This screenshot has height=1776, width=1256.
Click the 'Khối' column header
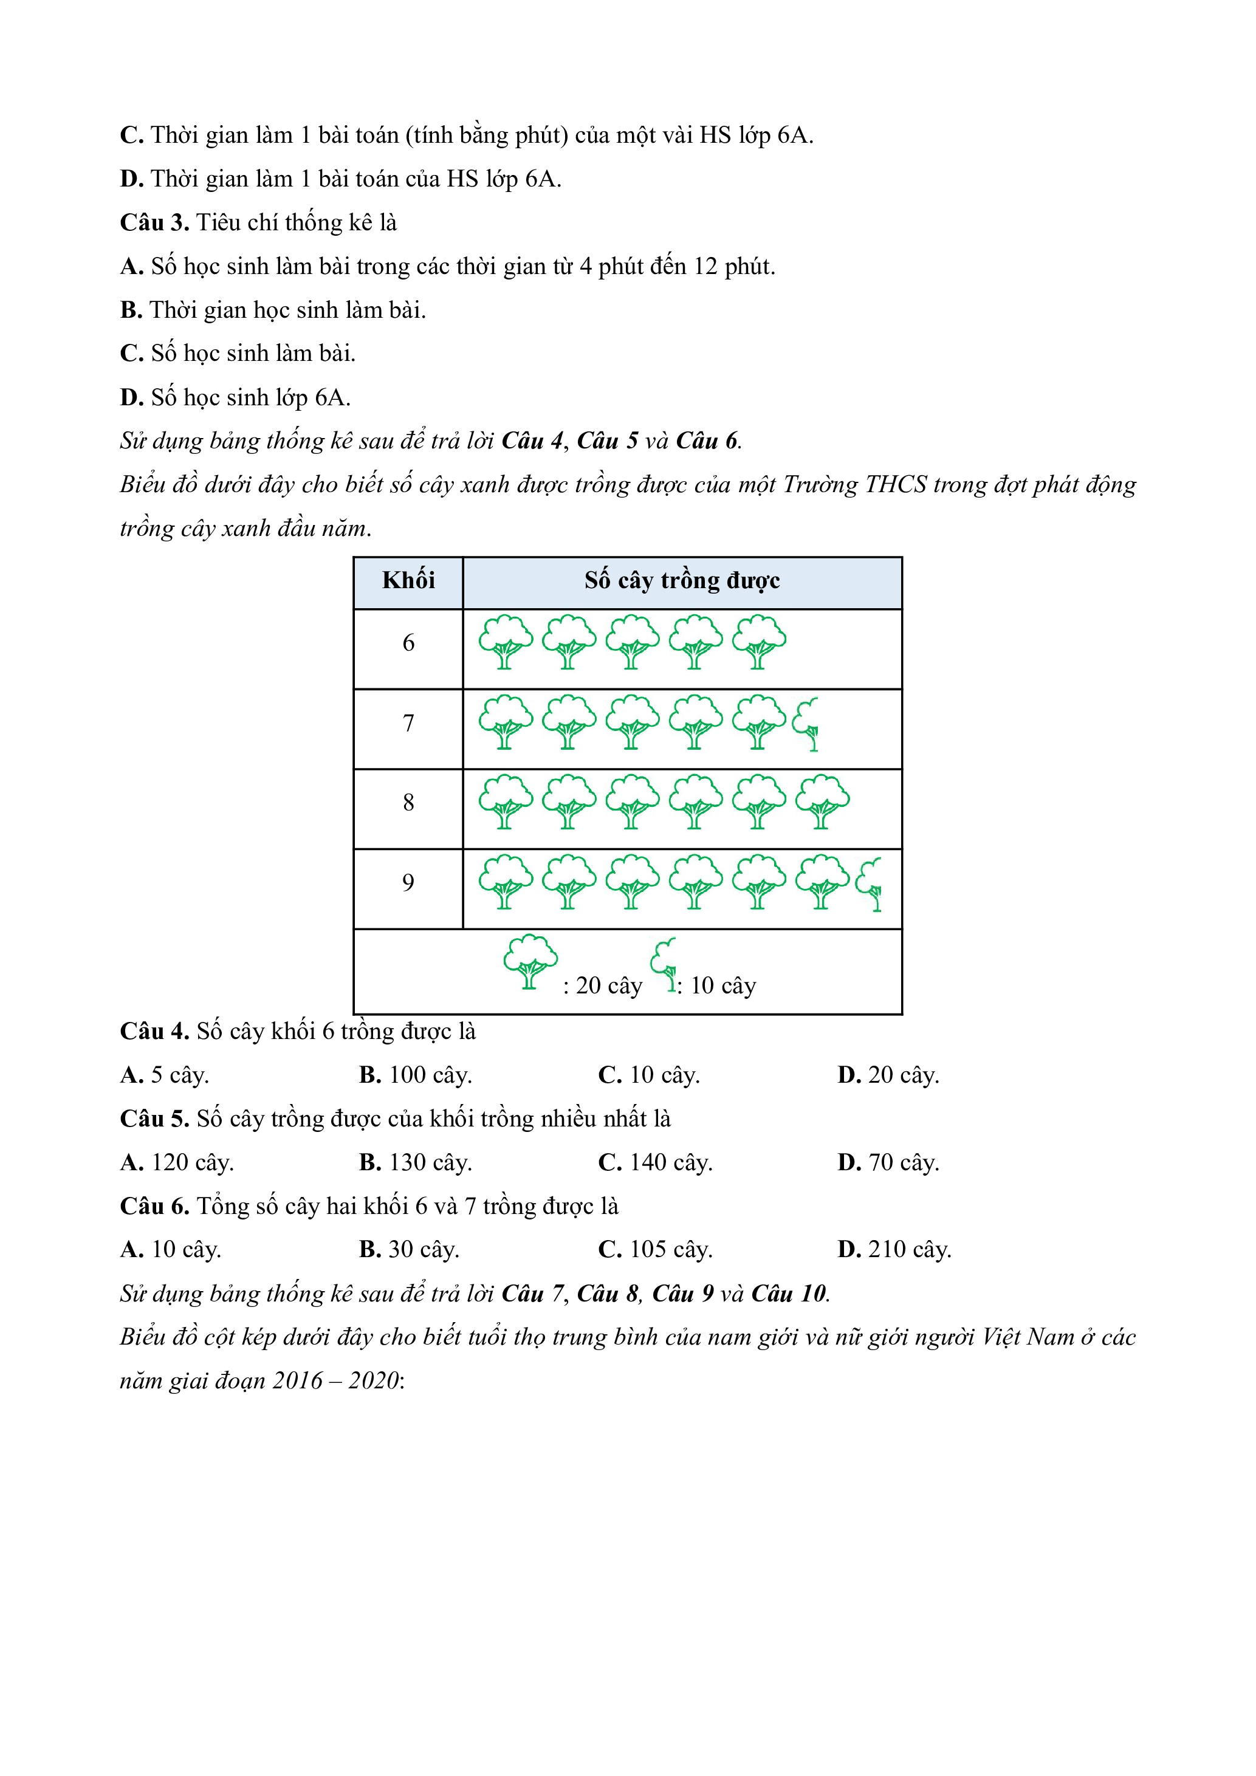[408, 580]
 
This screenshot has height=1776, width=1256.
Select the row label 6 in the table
[408, 643]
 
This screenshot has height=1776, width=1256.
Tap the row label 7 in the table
[408, 723]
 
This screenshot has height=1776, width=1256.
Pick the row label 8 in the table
[408, 803]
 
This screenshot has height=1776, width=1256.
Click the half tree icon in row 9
[870, 883]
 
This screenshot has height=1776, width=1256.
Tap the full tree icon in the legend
[530, 961]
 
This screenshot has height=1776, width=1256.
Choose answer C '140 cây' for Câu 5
[655, 1162]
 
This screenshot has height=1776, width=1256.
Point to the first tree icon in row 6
[506, 642]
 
